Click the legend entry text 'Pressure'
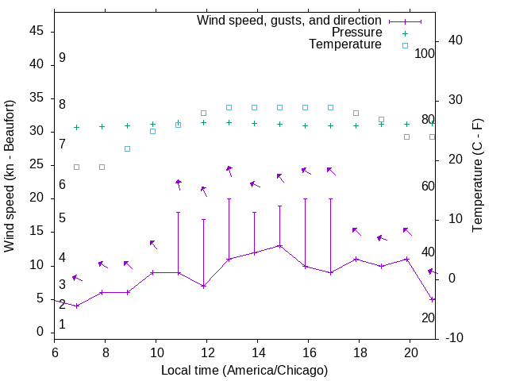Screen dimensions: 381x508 tap(356, 33)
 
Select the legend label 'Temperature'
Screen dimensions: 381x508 tap(345, 44)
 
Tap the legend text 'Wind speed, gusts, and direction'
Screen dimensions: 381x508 tap(289, 20)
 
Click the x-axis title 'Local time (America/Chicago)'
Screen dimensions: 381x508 tap(244, 370)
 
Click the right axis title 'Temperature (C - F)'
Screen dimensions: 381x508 tap(477, 176)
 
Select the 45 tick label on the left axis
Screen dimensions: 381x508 tap(36, 32)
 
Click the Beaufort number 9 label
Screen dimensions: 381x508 tap(62, 58)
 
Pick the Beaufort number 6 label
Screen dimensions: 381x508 tap(62, 185)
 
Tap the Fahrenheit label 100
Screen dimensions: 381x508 tap(425, 53)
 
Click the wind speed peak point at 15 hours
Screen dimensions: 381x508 tap(279, 246)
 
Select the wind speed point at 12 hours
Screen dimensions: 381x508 tap(203, 286)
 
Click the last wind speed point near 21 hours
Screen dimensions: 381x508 tap(432, 299)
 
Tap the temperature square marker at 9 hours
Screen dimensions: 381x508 tap(127, 148)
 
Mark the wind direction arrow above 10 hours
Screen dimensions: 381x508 tap(153, 244)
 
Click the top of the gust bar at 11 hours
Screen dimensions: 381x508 tap(178, 213)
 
